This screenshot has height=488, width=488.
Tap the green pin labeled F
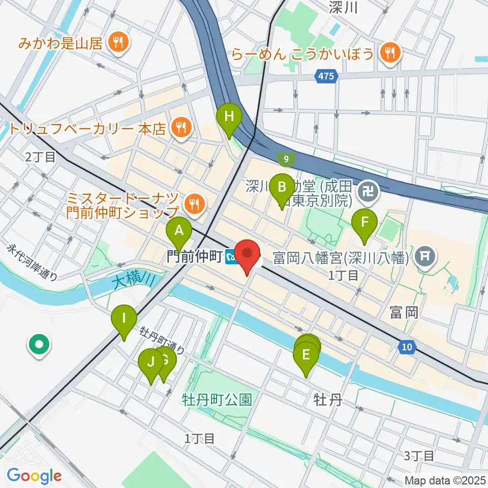point(364,223)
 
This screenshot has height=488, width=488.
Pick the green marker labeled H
point(229,117)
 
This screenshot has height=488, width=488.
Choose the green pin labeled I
point(124,320)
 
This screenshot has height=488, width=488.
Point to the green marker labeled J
point(150,363)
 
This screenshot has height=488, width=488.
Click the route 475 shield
point(325,76)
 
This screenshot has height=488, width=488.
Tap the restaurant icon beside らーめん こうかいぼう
point(390,52)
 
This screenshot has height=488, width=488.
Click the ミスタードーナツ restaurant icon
point(194,204)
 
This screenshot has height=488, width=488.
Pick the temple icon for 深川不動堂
point(365,192)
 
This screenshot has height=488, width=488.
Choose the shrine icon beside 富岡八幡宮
point(423,252)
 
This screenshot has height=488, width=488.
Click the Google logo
point(35,476)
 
